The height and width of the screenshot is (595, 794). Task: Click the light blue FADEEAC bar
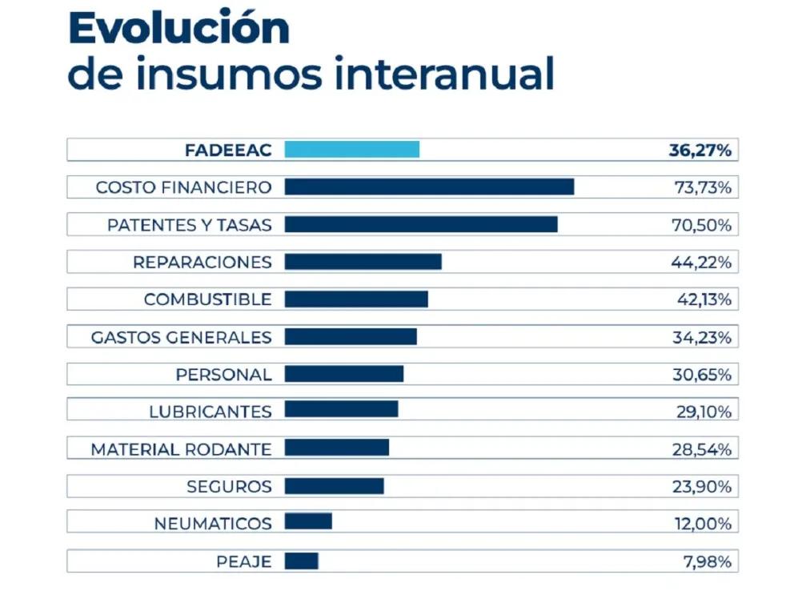(x=352, y=150)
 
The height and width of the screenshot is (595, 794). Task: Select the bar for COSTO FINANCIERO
(x=429, y=187)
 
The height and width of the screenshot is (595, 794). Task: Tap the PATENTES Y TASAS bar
(x=421, y=224)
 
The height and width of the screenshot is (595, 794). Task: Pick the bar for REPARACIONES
(x=363, y=262)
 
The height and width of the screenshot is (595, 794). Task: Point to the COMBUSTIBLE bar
(x=356, y=300)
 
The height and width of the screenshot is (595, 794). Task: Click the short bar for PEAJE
(x=301, y=561)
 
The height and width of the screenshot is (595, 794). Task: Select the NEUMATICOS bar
(x=308, y=522)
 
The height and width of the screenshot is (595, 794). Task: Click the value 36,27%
(x=700, y=150)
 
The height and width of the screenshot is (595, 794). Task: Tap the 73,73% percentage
(x=702, y=187)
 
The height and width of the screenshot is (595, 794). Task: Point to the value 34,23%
(x=701, y=337)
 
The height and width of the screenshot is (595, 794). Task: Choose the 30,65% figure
(x=702, y=375)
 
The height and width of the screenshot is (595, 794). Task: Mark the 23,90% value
(x=702, y=487)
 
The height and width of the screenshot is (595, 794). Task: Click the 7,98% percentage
(x=707, y=562)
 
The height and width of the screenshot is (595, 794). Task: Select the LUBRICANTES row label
(x=211, y=412)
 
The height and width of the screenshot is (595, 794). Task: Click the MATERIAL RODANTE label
(x=181, y=449)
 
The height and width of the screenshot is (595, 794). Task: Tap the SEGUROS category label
(x=229, y=487)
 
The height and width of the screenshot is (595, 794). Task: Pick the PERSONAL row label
(x=223, y=375)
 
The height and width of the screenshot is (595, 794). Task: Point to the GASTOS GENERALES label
(x=181, y=337)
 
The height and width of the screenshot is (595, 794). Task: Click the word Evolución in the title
(x=178, y=30)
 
